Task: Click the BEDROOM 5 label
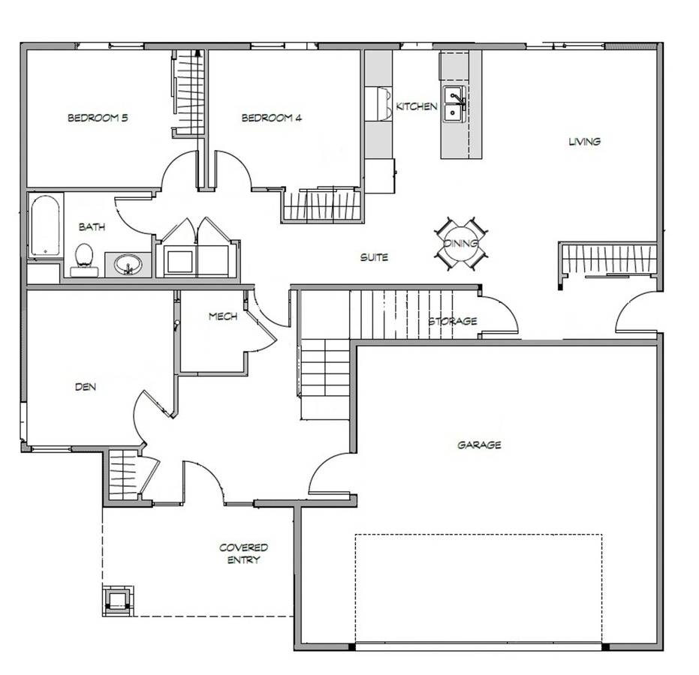(x=98, y=118)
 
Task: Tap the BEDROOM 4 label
(x=272, y=118)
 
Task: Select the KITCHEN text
(x=417, y=106)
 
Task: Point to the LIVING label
(x=584, y=142)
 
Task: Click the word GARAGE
(x=479, y=445)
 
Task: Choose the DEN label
(x=85, y=387)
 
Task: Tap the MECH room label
(x=223, y=316)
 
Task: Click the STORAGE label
(x=453, y=321)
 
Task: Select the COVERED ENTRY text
(x=243, y=553)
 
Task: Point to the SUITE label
(x=374, y=257)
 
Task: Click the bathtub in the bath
(x=45, y=225)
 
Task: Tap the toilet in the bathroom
(x=84, y=260)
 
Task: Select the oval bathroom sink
(x=128, y=265)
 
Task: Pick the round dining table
(x=461, y=243)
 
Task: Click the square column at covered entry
(x=118, y=600)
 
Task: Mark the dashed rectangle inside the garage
(x=478, y=589)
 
